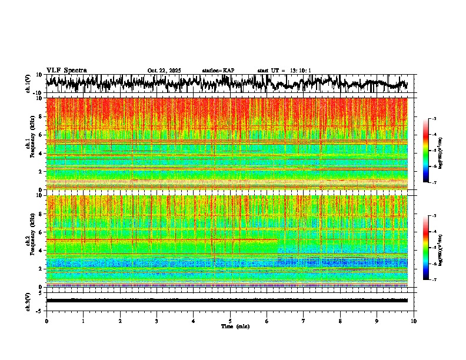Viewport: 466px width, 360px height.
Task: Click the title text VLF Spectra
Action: pos(66,71)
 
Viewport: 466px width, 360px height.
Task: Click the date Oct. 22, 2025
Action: pos(164,71)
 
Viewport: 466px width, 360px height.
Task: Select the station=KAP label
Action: pos(218,71)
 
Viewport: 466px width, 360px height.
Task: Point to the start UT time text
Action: pos(284,71)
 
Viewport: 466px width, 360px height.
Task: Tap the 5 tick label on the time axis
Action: pos(230,321)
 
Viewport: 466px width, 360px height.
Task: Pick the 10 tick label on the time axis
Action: pos(414,321)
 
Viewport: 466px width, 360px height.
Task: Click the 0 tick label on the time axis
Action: pos(46,321)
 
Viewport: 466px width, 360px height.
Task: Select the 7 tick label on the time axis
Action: pos(304,321)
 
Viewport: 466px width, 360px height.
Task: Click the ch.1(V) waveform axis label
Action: pos(28,84)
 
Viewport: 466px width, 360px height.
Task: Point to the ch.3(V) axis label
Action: pos(28,301)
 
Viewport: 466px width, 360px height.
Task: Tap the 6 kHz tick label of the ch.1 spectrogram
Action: pos(40,135)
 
